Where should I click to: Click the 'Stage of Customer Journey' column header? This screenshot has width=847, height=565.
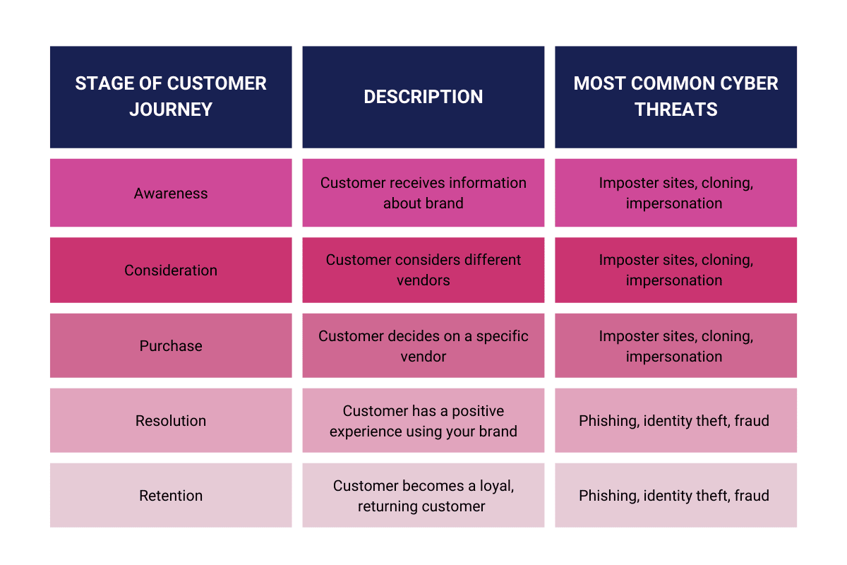coord(171,97)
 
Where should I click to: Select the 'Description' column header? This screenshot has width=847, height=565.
coord(423,97)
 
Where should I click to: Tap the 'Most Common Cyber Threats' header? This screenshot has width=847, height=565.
coord(675,97)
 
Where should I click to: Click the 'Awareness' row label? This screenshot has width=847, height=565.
coord(171,194)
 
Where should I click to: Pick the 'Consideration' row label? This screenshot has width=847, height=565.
coord(171,270)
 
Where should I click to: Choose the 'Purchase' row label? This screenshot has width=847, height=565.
coord(171,346)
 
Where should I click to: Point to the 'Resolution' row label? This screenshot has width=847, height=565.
coord(171,421)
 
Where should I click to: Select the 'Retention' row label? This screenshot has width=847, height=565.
coord(171,496)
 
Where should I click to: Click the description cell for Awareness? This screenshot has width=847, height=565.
coord(423,193)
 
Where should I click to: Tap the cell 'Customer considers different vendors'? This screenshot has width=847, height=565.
coord(423,270)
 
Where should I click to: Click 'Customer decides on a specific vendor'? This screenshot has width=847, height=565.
coord(423,346)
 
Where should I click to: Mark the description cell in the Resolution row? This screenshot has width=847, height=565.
coord(423,421)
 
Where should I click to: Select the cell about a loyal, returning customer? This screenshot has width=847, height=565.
coord(423,496)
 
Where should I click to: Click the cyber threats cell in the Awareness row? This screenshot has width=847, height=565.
coord(675,193)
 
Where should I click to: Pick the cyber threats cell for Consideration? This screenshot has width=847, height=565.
coord(675,270)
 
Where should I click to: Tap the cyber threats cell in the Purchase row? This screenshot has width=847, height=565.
coord(675,346)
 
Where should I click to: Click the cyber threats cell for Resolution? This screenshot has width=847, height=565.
coord(675,421)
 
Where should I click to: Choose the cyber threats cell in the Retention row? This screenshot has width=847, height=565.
coord(675,496)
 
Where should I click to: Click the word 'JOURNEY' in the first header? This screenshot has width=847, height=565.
coord(171,109)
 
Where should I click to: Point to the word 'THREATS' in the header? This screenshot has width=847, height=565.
coord(675,109)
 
